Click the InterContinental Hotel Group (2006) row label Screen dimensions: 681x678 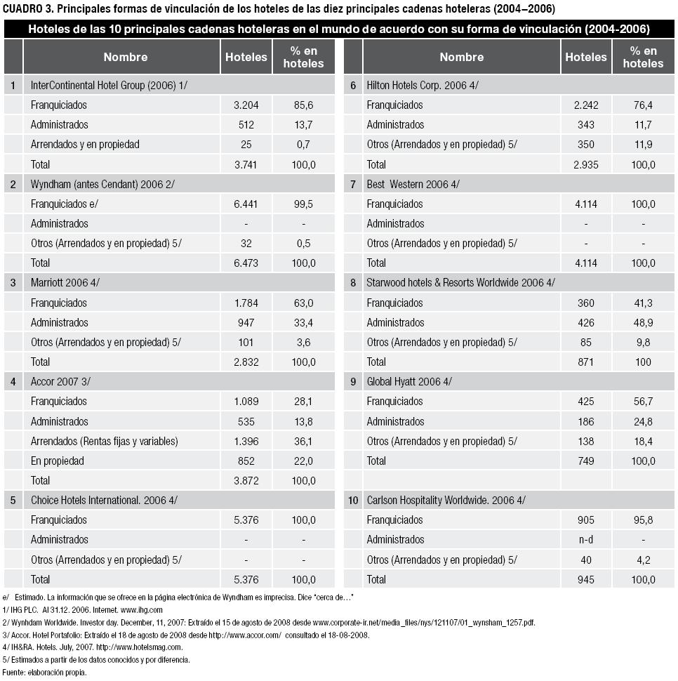click(x=109, y=85)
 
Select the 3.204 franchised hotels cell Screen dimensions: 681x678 click(x=246, y=105)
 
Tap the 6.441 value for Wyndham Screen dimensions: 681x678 click(x=246, y=204)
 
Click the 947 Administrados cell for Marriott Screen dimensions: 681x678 click(x=246, y=322)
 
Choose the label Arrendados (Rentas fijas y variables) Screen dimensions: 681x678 click(x=104, y=441)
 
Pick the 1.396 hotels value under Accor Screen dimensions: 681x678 click(x=246, y=441)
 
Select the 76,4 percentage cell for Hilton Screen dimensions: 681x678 click(x=642, y=105)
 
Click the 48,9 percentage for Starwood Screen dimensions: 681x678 click(x=642, y=322)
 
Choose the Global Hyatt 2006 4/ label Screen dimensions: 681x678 click(x=409, y=382)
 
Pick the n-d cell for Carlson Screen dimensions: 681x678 click(x=585, y=540)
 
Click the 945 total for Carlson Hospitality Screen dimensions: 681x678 click(x=585, y=579)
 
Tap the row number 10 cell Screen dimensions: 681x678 click(x=353, y=501)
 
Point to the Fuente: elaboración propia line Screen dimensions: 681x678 click(x=44, y=672)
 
